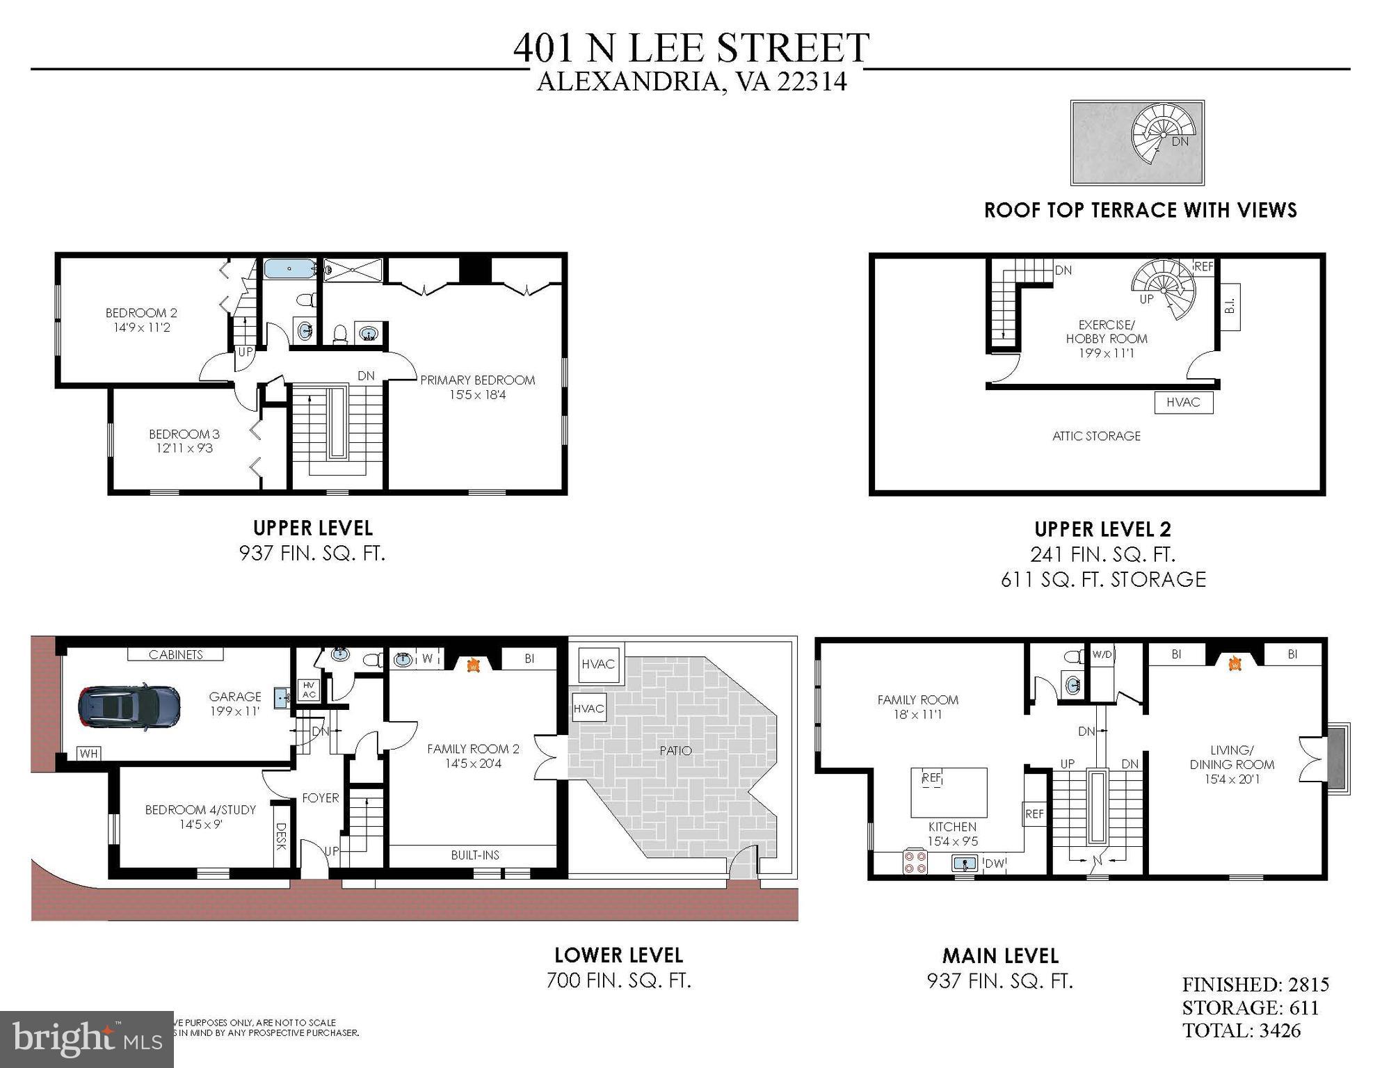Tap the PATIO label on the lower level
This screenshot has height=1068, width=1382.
(675, 750)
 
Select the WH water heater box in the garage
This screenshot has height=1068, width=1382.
(88, 754)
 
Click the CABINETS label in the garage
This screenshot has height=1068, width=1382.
(175, 654)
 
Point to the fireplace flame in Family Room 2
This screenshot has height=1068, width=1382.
(473, 665)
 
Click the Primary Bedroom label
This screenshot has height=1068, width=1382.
(477, 380)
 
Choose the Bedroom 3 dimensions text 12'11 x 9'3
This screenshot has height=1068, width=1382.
(184, 448)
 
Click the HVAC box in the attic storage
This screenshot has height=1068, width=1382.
(1183, 403)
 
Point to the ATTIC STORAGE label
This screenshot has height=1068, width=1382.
(1096, 436)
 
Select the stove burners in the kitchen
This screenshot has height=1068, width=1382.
(915, 862)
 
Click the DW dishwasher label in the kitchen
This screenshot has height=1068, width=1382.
(996, 864)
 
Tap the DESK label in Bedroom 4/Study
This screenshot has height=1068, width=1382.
(281, 836)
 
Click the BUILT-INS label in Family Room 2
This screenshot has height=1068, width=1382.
(475, 855)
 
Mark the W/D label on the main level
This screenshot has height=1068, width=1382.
(1102, 654)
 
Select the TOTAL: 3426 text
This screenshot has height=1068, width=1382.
(1241, 1030)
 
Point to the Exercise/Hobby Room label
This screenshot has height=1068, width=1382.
(1106, 332)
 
